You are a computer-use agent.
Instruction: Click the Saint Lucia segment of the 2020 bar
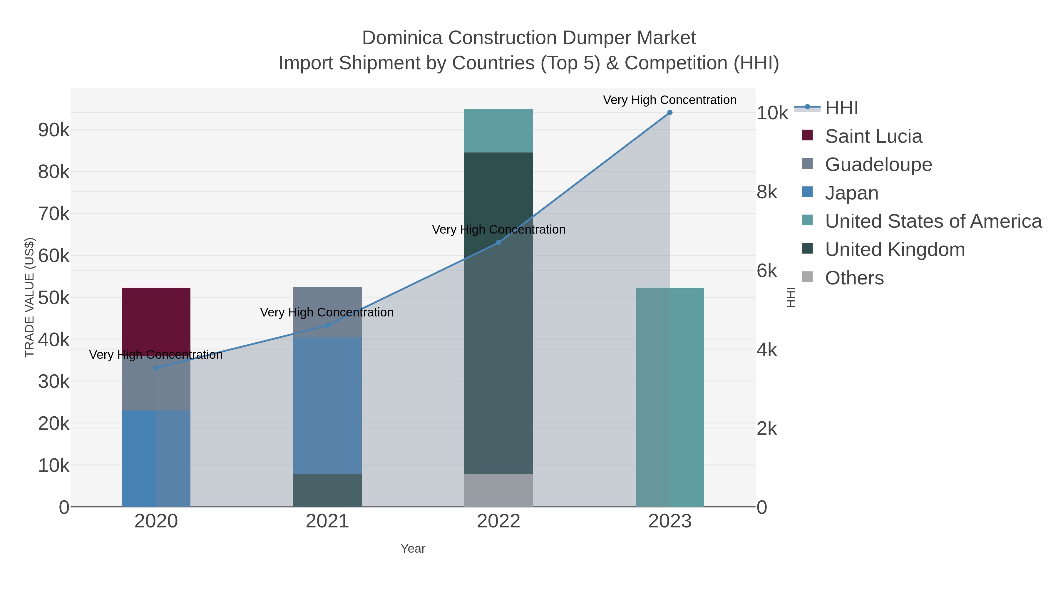156,316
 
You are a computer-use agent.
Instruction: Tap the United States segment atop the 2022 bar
498,130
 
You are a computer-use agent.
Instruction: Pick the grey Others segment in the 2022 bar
498,490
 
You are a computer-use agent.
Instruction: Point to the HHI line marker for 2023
669,113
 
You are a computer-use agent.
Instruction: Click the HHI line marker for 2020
156,368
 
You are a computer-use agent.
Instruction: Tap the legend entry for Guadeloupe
878,165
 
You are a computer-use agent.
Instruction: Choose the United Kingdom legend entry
895,250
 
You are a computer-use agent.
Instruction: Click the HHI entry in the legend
841,108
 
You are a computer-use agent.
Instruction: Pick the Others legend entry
854,278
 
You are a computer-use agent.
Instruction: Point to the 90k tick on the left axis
54,130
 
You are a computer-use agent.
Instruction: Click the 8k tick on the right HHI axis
767,192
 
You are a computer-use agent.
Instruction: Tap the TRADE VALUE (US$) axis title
30,297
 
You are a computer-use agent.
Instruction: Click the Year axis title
413,549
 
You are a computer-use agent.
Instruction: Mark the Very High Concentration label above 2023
669,100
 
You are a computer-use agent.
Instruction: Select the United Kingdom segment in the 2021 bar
327,490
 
